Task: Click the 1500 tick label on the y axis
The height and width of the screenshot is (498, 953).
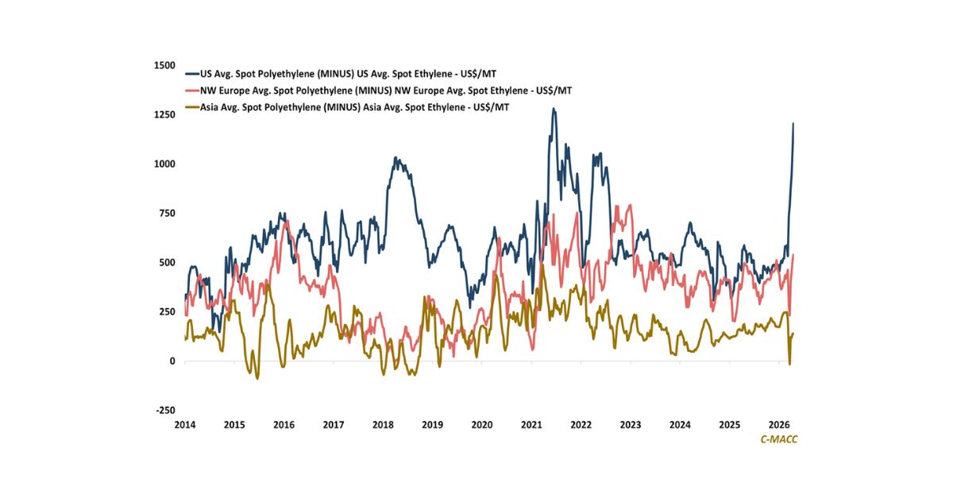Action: coord(164,65)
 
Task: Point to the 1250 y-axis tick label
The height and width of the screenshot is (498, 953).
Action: coord(164,114)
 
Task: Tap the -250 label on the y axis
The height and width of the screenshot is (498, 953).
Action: coord(164,410)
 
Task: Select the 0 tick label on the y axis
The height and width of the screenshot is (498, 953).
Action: coord(172,361)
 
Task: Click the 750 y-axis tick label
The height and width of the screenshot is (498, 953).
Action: coord(167,213)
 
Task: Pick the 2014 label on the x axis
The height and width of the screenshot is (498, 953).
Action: coord(185,425)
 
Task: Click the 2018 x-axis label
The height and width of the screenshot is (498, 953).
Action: coord(383,425)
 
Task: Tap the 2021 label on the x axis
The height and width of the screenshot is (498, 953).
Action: coord(531,425)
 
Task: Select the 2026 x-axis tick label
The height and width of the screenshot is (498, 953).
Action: coord(778,425)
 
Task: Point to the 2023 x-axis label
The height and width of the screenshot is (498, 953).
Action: coord(631,425)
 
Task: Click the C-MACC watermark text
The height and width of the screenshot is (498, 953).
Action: coord(778,439)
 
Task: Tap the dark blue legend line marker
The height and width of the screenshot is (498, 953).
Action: coord(191,73)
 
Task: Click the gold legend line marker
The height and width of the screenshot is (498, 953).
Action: coord(191,107)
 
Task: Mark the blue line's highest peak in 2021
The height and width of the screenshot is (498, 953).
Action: coord(554,109)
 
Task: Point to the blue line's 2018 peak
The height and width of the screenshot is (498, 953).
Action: coord(397,158)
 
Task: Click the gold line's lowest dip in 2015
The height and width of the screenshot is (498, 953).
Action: coord(257,378)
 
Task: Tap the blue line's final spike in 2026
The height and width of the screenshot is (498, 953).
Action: coord(793,124)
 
